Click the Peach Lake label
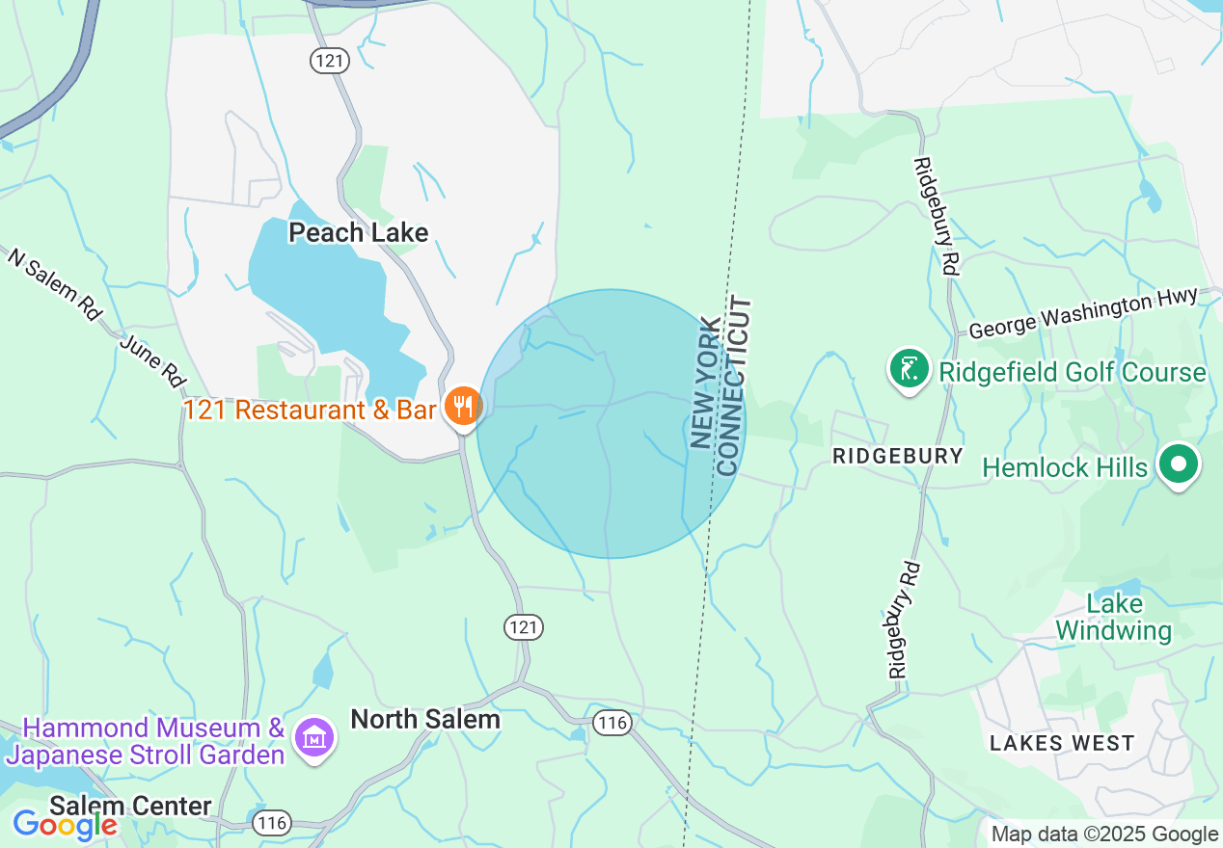click(358, 232)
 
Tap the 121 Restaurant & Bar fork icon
click(463, 407)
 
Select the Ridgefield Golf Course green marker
click(908, 370)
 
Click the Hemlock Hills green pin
click(1177, 465)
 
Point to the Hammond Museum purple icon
click(314, 739)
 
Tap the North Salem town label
click(424, 719)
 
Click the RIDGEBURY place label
click(897, 456)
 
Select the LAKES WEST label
click(1061, 743)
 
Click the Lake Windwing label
click(1114, 618)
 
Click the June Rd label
click(152, 360)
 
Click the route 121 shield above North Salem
click(524, 627)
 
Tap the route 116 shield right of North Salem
click(611, 723)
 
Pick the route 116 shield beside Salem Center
click(271, 822)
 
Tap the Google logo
click(64, 824)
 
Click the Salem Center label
click(130, 806)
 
